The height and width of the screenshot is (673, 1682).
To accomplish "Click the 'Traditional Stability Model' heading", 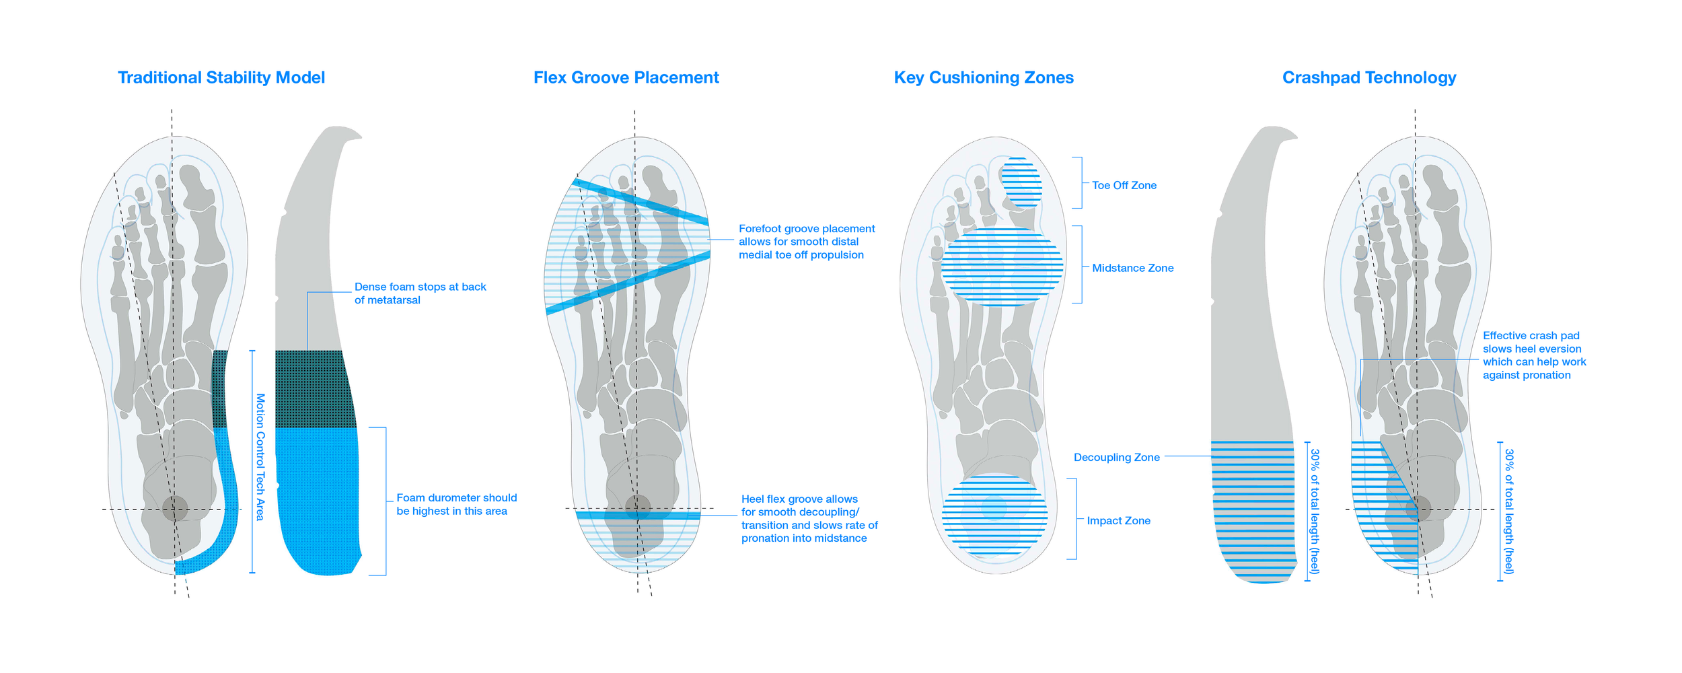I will click(x=221, y=77).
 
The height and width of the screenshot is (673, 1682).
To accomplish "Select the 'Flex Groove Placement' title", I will click(x=626, y=77).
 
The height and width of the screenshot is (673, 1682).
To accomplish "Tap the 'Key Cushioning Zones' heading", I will click(x=984, y=77).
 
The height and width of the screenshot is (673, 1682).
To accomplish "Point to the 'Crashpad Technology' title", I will click(x=1368, y=77).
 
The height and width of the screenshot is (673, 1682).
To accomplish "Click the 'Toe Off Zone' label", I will click(x=1124, y=185).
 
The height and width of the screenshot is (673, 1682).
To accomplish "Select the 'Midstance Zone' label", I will click(x=1132, y=268).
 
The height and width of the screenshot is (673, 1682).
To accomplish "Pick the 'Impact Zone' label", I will click(x=1118, y=520).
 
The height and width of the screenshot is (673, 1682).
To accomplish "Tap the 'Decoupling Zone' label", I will click(x=1116, y=457).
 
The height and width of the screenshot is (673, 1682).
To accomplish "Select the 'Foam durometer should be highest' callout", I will click(x=456, y=504).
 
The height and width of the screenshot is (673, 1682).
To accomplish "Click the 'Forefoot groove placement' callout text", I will click(x=806, y=242).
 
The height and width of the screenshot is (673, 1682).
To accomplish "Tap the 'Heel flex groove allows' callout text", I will click(x=809, y=518).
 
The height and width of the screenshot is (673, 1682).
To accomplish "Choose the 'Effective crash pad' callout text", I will click(x=1534, y=355).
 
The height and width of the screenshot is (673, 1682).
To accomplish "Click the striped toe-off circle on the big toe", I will click(x=1021, y=182).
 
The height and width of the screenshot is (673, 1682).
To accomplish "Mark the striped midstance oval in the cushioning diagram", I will click(x=1002, y=267).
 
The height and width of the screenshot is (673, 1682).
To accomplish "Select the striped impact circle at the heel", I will click(x=994, y=515).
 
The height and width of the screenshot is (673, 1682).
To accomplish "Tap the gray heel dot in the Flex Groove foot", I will click(x=637, y=507).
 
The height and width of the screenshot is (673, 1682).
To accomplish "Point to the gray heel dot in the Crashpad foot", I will click(x=1418, y=508).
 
